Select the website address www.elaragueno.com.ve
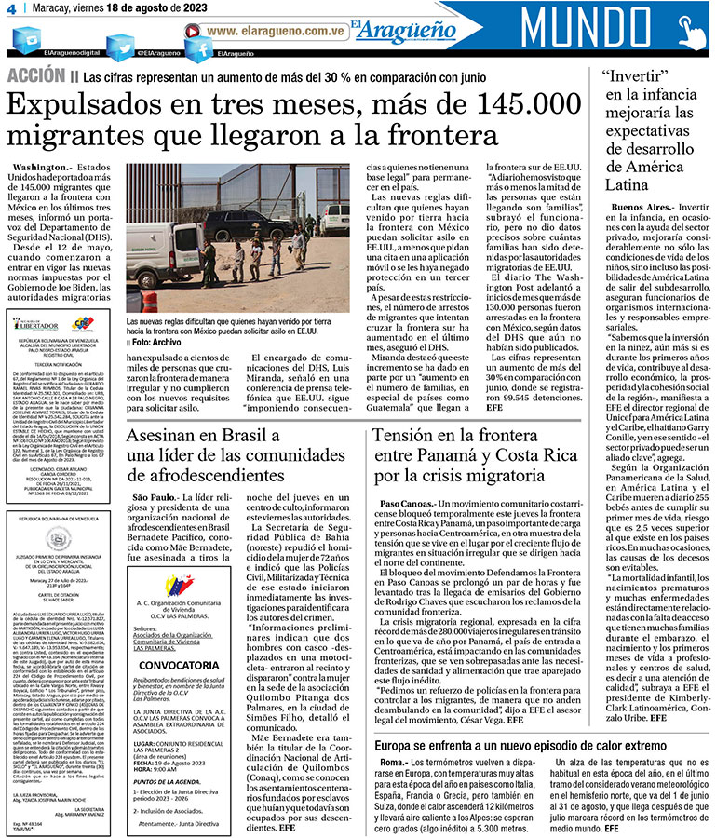(278, 31)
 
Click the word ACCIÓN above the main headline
(34, 75)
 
